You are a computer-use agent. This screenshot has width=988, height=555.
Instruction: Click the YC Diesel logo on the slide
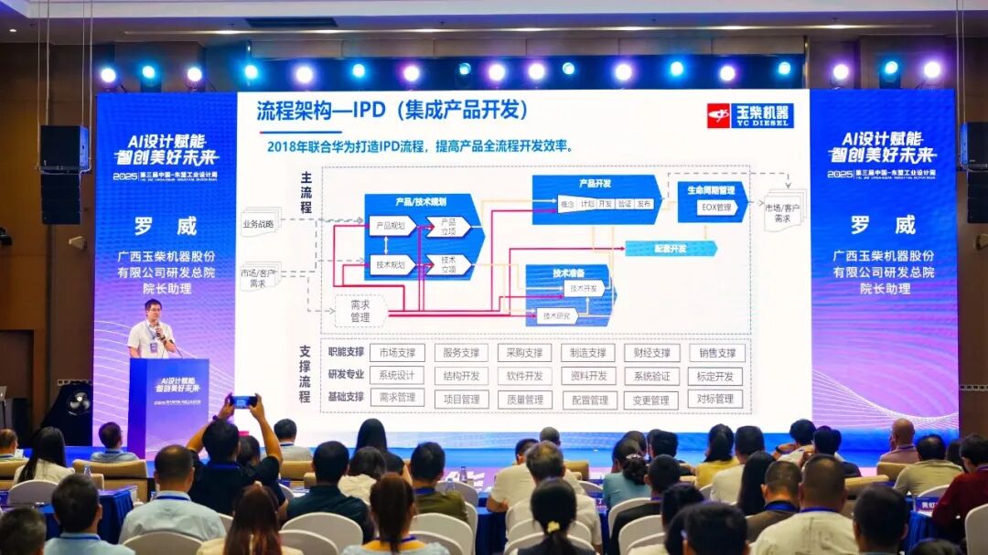pyautogui.click(x=749, y=115)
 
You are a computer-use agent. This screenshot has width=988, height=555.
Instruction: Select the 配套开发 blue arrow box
pyautogui.click(x=671, y=248)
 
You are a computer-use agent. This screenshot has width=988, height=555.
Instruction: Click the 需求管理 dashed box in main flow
pyautogui.click(x=360, y=310)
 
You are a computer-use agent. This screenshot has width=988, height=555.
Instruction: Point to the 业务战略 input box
pyautogui.click(x=259, y=222)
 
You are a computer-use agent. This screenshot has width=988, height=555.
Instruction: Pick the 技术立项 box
pyautogui.click(x=449, y=264)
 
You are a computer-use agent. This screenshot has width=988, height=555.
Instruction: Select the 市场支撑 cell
pyautogui.click(x=396, y=353)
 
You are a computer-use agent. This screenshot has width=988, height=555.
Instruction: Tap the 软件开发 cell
pyautogui.click(x=524, y=376)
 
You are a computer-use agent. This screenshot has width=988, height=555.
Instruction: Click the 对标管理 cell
pyautogui.click(x=714, y=399)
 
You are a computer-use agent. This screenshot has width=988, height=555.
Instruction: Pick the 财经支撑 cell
pyautogui.click(x=651, y=353)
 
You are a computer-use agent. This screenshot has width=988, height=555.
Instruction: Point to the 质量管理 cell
pyautogui.click(x=524, y=399)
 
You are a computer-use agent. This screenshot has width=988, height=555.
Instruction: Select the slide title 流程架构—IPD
pyautogui.click(x=392, y=111)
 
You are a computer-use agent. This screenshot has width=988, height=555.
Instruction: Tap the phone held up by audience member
pyautogui.click(x=242, y=400)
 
